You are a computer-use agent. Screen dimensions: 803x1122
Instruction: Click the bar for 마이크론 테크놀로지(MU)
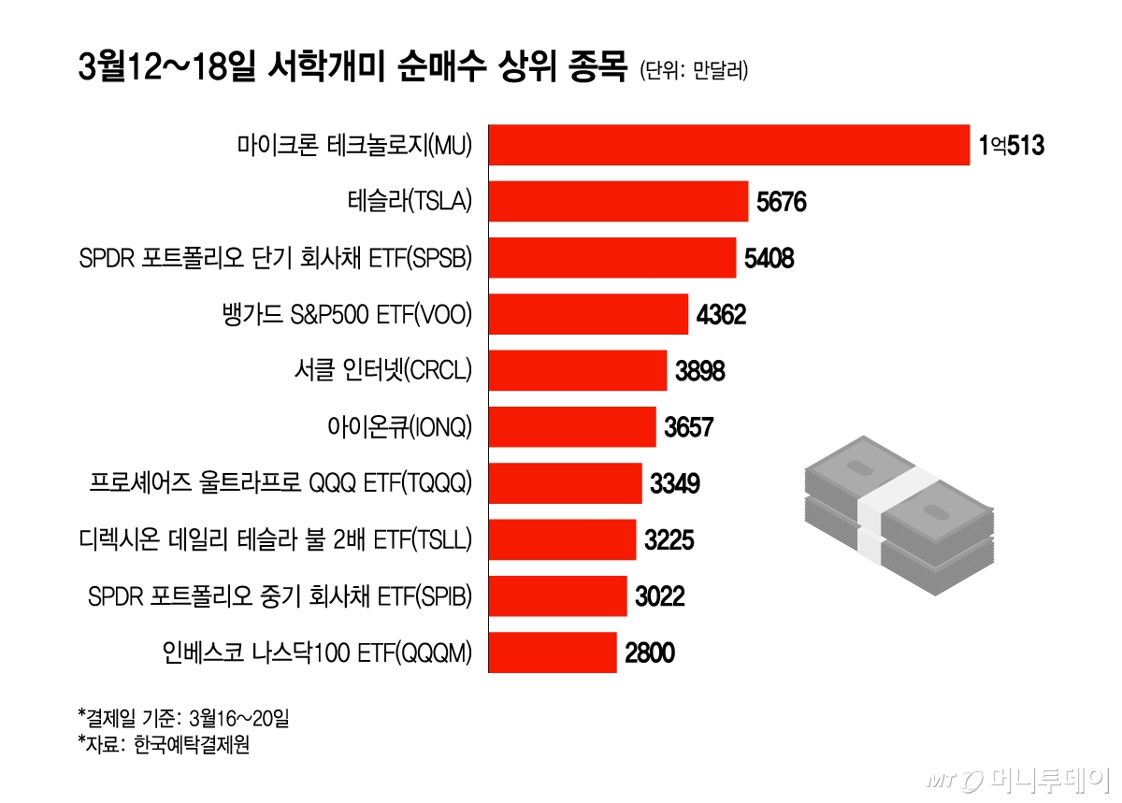729,145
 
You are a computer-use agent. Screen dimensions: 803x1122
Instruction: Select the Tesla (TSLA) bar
619,201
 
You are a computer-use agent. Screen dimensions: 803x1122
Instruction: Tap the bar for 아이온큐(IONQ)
572,427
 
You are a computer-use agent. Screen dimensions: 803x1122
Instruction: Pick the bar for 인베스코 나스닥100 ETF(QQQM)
553,652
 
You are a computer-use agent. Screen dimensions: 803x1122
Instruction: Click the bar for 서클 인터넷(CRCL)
578,371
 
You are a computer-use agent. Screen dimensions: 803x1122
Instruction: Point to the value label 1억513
1010,146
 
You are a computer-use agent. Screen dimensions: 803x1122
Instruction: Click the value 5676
781,202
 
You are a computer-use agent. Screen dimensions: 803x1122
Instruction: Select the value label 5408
769,258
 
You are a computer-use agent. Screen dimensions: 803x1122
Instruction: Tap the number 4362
721,315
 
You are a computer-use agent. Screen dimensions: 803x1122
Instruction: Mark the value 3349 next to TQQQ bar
674,484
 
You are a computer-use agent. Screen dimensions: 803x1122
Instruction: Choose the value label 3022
659,596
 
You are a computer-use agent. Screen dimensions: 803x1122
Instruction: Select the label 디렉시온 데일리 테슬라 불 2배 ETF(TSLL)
277,540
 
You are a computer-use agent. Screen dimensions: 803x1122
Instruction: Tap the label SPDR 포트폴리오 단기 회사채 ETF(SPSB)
277,258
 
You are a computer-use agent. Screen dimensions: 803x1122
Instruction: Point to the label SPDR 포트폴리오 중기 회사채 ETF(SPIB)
280,596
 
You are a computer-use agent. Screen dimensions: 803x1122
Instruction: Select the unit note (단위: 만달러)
693,71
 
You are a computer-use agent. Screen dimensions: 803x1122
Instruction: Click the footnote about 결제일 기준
184,718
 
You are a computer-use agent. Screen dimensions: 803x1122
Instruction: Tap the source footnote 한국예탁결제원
165,745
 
